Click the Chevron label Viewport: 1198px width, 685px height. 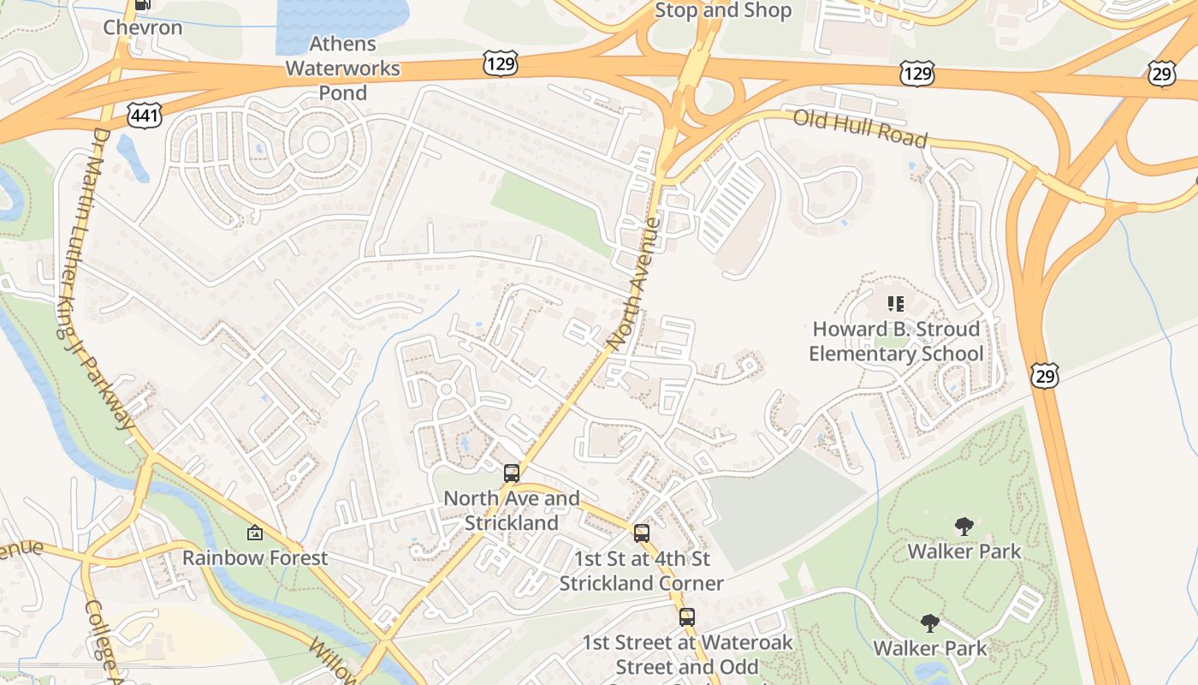143,27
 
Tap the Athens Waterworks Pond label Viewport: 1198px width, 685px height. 342,68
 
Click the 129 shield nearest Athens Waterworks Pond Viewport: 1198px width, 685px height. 500,63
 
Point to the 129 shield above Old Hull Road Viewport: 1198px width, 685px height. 916,74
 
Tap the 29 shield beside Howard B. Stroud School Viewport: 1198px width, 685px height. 1045,374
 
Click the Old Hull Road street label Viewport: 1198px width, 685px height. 860,128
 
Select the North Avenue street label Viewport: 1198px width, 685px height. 634,283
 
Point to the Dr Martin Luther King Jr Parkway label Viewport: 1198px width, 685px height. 112,279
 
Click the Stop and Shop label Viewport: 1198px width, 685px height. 723,11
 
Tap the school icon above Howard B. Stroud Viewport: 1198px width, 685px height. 896,304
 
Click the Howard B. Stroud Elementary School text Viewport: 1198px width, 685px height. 896,342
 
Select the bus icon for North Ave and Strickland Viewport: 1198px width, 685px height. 511,473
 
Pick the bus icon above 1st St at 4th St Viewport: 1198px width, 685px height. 641,533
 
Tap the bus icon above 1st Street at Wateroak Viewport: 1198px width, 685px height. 686,616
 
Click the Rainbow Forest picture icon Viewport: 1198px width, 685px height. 255,533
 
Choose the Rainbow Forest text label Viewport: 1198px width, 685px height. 255,558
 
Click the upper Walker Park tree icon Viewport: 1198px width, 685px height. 964,526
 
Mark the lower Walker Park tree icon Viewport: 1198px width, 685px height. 930,623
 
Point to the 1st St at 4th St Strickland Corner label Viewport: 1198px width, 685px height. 641,571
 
